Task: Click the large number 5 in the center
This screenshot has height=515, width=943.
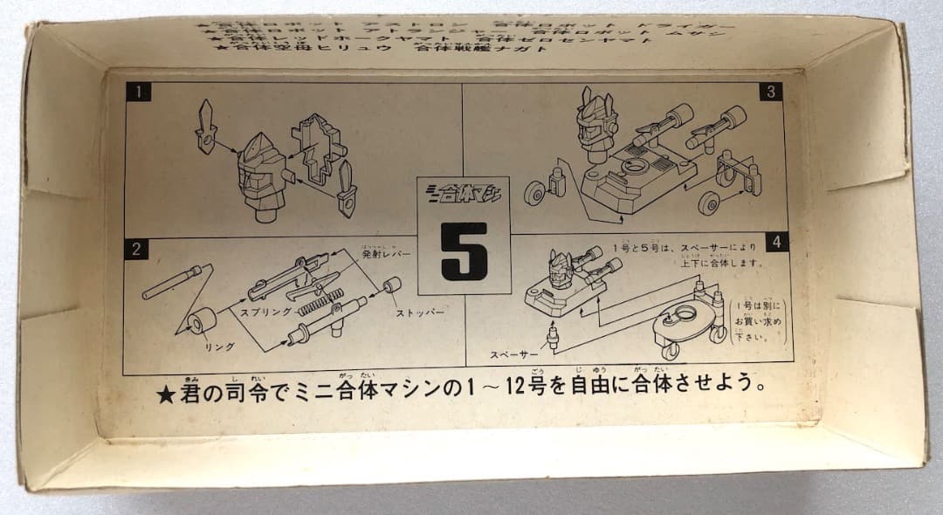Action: [x=464, y=251]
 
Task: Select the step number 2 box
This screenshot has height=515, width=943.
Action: [x=134, y=249]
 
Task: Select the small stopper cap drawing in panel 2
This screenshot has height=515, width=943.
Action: [x=391, y=286]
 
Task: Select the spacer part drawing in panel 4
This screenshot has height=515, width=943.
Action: [x=552, y=335]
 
